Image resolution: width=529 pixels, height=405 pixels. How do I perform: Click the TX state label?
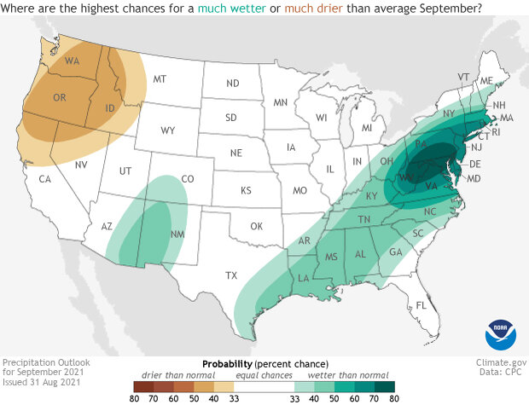click(230, 275)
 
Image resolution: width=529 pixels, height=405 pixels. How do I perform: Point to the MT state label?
click(159, 78)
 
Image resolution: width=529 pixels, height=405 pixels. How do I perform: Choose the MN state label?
click(280, 102)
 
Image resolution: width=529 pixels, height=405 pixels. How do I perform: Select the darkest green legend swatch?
click(381, 385)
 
